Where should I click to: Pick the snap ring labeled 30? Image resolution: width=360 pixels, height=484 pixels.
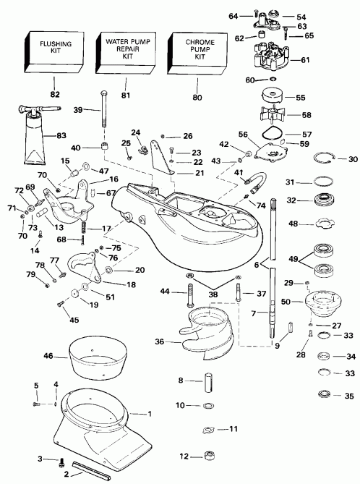(x=326, y=159)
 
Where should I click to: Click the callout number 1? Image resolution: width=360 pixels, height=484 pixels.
(x=150, y=415)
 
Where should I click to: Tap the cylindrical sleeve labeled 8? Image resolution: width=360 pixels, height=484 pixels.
(x=206, y=381)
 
